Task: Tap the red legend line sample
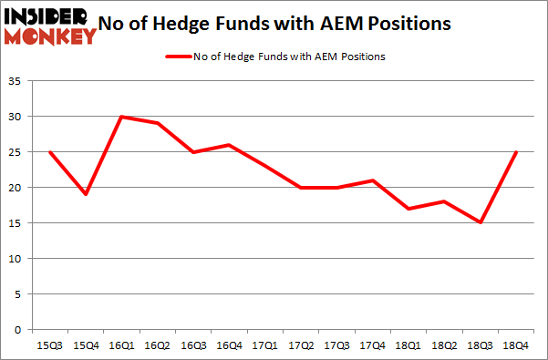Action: point(176,57)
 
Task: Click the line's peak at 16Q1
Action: point(121,117)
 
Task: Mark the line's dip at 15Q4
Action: point(85,194)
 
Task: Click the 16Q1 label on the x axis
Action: point(121,345)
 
